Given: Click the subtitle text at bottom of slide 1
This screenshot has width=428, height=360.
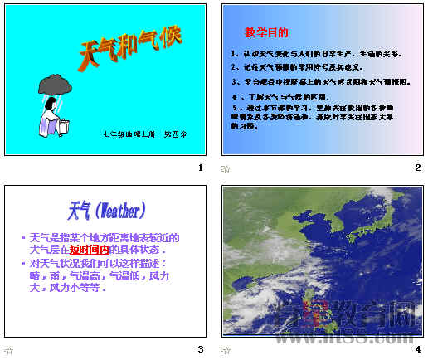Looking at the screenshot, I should [x=145, y=134].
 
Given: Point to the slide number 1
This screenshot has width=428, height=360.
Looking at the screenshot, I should [x=200, y=167].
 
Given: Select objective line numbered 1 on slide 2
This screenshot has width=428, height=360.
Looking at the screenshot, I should [x=317, y=54].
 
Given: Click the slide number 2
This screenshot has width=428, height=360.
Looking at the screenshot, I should [x=418, y=167].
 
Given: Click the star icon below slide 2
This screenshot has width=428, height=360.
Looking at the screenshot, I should [x=226, y=168].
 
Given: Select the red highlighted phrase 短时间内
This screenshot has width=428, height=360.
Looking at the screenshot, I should [x=89, y=249].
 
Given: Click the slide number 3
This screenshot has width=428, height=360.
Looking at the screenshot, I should [x=200, y=349].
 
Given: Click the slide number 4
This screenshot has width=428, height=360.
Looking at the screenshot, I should [x=418, y=349].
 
